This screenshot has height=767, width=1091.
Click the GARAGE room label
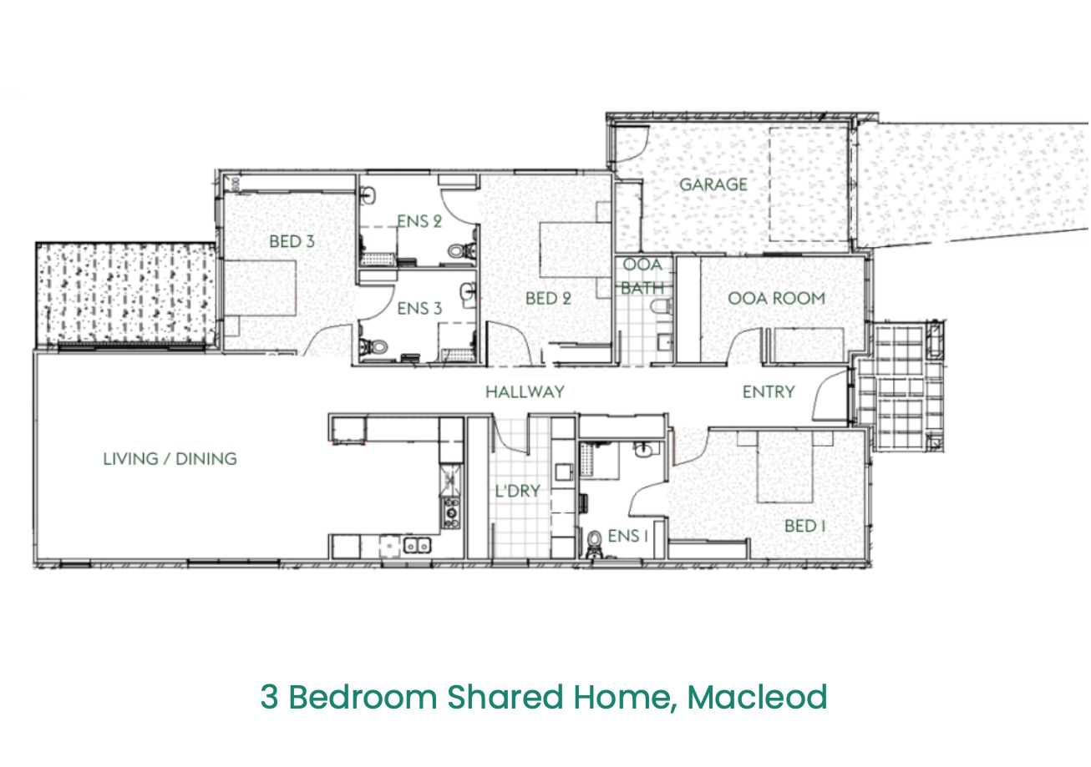(x=713, y=184)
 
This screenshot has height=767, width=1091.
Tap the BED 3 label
(x=292, y=241)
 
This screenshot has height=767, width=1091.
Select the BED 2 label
(x=548, y=298)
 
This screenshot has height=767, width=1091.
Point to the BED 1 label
(x=804, y=526)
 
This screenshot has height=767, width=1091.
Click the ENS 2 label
(x=419, y=221)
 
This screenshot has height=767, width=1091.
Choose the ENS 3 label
(x=419, y=308)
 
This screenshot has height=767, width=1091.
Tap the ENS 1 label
(x=628, y=536)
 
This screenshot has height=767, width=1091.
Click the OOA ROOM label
(x=776, y=298)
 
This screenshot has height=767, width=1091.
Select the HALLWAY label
(x=525, y=391)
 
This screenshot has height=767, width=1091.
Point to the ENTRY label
(x=769, y=391)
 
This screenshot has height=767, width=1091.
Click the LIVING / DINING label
(x=170, y=459)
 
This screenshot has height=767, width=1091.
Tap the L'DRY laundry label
(x=518, y=491)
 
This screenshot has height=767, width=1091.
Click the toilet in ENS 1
(x=594, y=543)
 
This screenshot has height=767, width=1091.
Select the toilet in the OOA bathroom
(x=662, y=306)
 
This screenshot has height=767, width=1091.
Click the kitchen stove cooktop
(x=450, y=513)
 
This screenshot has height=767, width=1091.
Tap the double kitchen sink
(x=418, y=546)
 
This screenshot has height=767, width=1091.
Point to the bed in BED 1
(x=785, y=467)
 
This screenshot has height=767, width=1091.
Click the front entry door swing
(x=830, y=395)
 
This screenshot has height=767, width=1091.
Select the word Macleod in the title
(x=758, y=697)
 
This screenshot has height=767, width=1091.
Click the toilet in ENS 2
(x=459, y=251)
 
